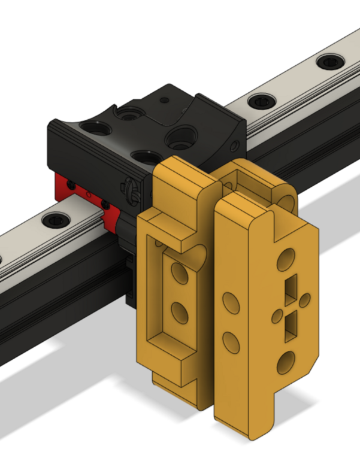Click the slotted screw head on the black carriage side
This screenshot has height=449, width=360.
pos(133,190)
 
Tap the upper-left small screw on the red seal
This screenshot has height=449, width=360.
pos(72,183)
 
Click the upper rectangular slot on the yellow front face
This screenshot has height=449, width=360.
pos(291,287)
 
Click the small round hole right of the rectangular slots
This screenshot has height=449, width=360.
pos(305,299)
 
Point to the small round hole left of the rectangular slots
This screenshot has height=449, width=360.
pos(277,314)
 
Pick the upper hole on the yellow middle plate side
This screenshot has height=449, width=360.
pos(229,302)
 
